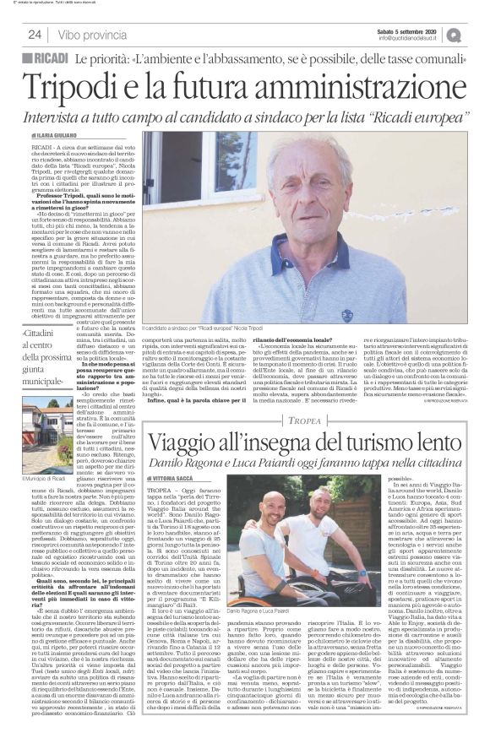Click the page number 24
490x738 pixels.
point(35,35)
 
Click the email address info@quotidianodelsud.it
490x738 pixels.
point(411,38)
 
